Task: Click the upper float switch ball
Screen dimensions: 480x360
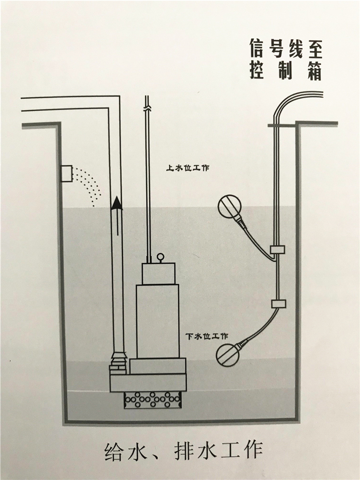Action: (x=229, y=207)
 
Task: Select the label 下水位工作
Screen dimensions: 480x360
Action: (x=207, y=336)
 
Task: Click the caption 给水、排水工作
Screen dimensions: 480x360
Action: (x=182, y=450)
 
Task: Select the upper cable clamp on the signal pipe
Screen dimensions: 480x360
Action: (x=276, y=249)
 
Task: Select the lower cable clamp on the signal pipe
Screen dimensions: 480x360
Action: (x=278, y=303)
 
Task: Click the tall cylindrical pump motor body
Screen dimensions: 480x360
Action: (x=157, y=320)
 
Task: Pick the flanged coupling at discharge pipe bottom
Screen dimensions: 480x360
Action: (x=117, y=362)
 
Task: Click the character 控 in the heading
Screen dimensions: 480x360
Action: (x=257, y=72)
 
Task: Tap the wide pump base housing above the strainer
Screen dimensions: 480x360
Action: (x=148, y=383)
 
